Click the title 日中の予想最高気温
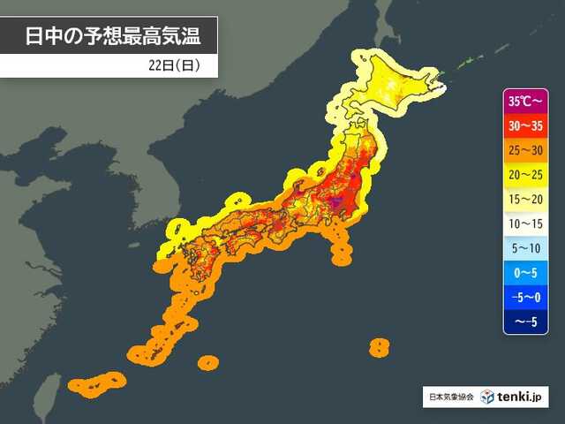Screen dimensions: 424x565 [x=108, y=36]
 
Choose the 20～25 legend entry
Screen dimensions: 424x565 [x=527, y=175]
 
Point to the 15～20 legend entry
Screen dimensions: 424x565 [x=527, y=200]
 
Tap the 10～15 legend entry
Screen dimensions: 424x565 [x=527, y=224]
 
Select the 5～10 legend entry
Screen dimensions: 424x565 [x=527, y=249]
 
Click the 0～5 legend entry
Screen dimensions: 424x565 [x=527, y=274]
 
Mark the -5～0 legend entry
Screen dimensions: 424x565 [x=527, y=299]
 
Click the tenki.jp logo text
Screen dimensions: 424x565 [x=522, y=397]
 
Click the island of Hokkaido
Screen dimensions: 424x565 [x=397, y=84]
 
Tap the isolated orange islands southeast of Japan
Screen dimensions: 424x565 [x=379, y=346]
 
